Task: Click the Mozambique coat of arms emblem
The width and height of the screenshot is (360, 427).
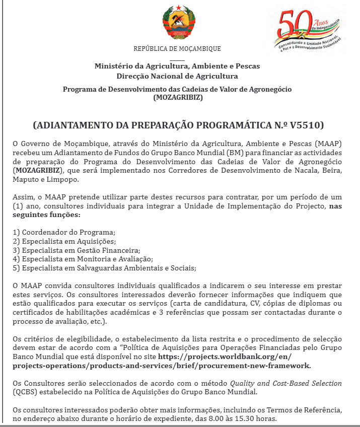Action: point(177,24)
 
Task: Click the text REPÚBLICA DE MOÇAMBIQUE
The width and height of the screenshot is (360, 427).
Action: point(177,49)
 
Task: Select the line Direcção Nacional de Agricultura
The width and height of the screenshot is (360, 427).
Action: point(177,76)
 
